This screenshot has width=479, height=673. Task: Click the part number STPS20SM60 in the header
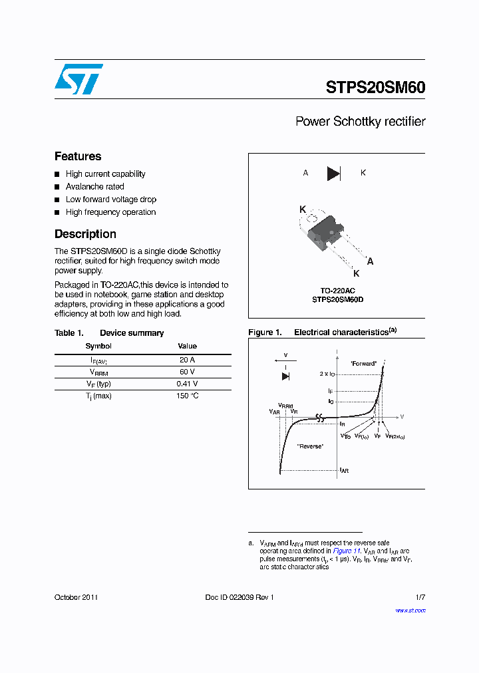tap(375, 87)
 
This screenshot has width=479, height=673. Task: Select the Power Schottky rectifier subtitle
tap(360, 122)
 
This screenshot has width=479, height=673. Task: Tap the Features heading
tap(78, 156)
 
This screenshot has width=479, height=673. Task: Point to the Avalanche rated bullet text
tap(94, 187)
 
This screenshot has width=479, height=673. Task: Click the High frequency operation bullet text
tap(110, 212)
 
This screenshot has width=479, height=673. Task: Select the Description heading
tap(85, 234)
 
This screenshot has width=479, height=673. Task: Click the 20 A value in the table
tap(187, 359)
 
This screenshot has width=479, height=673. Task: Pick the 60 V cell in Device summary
tap(187, 372)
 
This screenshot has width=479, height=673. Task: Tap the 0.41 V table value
tap(187, 384)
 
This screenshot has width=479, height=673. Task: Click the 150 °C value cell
tap(187, 396)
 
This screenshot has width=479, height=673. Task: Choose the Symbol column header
tap(98, 346)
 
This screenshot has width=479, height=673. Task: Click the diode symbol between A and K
tap(333, 174)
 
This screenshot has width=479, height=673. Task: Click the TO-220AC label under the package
tap(338, 291)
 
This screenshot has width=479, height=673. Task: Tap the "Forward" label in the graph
tap(363, 364)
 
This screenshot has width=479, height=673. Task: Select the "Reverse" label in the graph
tap(310, 446)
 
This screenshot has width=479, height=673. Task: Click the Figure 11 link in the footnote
tap(346, 551)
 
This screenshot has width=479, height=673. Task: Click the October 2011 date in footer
tap(76, 597)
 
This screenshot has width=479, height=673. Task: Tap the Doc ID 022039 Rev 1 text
tap(239, 597)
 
